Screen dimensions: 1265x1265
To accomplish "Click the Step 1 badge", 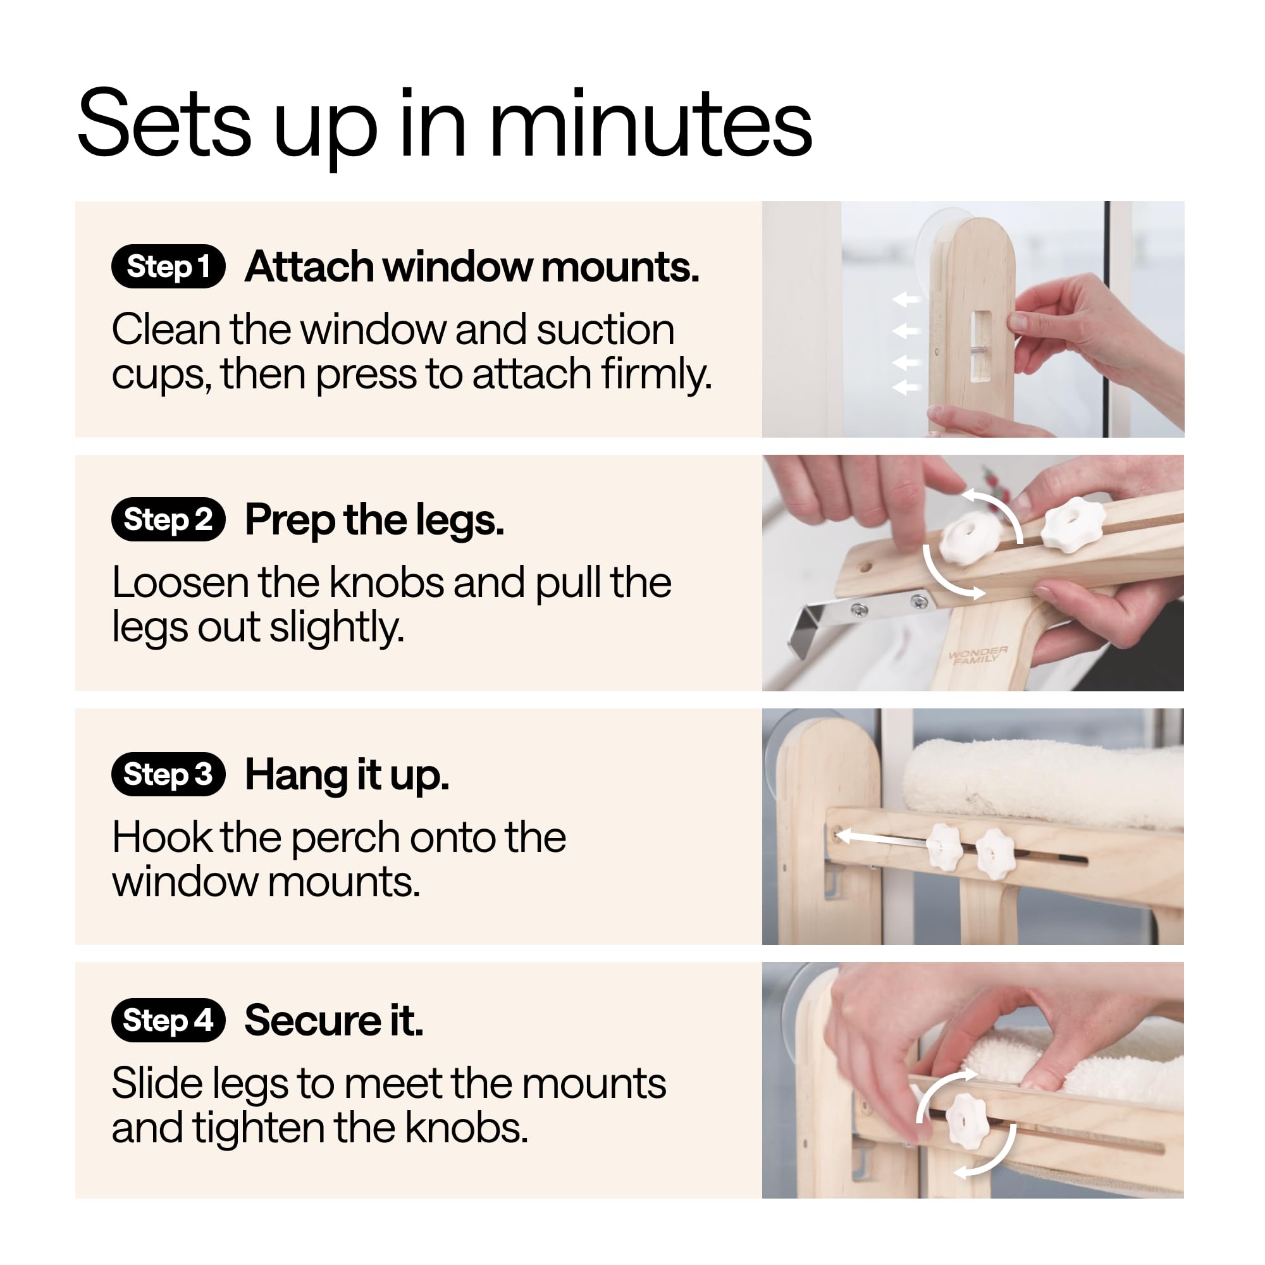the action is (x=168, y=266).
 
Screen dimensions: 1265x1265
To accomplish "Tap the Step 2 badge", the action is (x=168, y=519).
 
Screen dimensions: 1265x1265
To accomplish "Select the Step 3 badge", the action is (x=168, y=774).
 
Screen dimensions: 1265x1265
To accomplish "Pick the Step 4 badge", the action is (x=168, y=1020).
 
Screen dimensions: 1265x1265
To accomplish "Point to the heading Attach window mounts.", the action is (x=472, y=267).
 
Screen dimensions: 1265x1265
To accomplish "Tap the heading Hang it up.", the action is (x=347, y=776).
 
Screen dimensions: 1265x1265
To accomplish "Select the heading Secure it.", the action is (x=334, y=1020).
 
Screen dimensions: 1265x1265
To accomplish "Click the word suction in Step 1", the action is (x=605, y=330).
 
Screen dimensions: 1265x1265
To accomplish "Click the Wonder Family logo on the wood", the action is (x=978, y=655).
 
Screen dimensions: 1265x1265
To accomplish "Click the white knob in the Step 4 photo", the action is (x=968, y=1121).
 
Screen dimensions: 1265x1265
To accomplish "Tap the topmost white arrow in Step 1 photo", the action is (x=906, y=300).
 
